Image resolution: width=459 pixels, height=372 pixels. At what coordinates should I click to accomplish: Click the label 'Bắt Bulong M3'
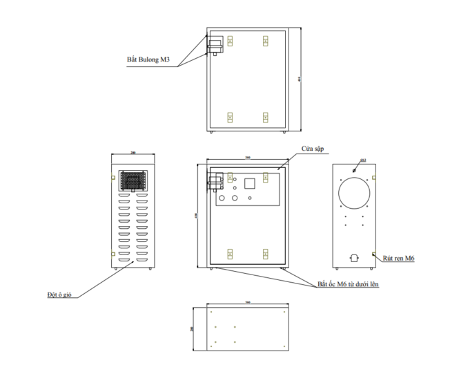[x=148, y=60]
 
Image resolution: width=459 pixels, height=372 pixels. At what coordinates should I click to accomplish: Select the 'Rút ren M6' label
[x=400, y=258]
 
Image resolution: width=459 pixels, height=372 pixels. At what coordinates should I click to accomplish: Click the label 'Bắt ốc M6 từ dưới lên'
[x=348, y=283]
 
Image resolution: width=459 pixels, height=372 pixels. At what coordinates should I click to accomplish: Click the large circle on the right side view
[x=356, y=193]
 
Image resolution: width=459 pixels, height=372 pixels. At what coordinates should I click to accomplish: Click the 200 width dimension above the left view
[x=133, y=154]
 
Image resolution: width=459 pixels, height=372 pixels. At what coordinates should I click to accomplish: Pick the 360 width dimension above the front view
[x=248, y=158]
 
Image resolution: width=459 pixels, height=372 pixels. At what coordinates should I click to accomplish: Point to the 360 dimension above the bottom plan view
[x=248, y=302]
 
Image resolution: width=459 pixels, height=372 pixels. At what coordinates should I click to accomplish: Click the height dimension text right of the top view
[x=300, y=79]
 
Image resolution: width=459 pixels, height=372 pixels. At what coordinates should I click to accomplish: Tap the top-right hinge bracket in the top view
[x=266, y=41]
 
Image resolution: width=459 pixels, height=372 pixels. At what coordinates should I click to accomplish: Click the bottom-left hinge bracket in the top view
[x=230, y=117]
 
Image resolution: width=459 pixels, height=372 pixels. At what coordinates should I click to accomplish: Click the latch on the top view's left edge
[x=215, y=47]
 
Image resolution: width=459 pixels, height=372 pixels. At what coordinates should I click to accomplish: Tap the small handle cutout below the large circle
[x=355, y=258]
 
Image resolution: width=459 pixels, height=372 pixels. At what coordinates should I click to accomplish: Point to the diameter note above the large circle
[x=364, y=160]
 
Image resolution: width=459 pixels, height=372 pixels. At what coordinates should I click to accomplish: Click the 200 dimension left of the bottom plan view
[x=192, y=330]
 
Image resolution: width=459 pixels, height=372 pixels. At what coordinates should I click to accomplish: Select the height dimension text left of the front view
[x=197, y=214]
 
